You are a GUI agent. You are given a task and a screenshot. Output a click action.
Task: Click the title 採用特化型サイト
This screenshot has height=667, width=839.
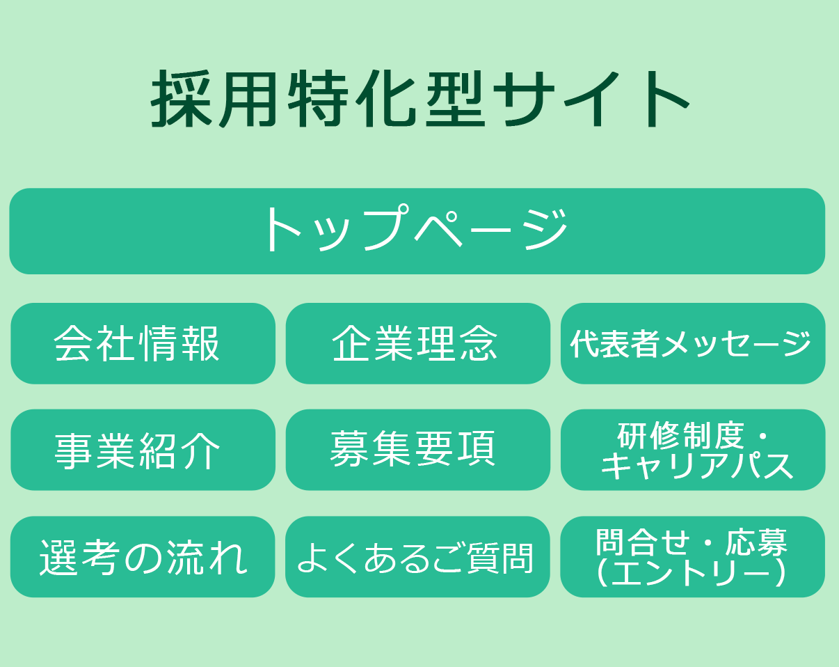tap(420, 99)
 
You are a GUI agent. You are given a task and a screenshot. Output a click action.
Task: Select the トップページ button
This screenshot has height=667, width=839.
tap(417, 231)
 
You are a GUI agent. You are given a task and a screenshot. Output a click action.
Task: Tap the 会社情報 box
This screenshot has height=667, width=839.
tap(143, 343)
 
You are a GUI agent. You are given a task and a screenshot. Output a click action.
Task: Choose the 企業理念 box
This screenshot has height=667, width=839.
tap(418, 343)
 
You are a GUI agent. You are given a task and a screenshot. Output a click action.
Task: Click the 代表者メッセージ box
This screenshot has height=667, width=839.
tap(693, 343)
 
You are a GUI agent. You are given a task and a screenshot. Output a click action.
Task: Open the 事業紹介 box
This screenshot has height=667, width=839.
tap(143, 450)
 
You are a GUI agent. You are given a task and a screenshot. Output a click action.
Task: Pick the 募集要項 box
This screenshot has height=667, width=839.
tap(418, 450)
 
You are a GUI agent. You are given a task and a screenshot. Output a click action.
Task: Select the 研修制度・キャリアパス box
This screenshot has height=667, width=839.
tap(693, 450)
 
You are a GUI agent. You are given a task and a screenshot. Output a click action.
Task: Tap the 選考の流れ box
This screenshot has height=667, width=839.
tap(143, 556)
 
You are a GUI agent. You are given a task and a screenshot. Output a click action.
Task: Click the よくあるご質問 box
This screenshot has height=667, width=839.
tap(417, 556)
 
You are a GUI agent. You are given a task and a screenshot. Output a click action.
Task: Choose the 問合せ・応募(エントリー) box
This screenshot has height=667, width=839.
tap(692, 556)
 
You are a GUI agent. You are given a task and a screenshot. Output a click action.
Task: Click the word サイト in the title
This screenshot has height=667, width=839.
tap(591, 99)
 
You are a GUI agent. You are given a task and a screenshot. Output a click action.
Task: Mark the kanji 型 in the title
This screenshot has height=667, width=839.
tap(456, 99)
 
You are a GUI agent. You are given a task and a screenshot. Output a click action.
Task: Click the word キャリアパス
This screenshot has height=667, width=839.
tap(696, 466)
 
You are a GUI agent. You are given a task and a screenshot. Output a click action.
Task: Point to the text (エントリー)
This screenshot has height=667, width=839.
tap(691, 572)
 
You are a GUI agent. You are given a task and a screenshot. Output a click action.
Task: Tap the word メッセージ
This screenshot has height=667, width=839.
tap(736, 343)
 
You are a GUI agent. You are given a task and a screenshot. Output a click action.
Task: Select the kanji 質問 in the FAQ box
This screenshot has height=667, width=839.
tap(500, 558)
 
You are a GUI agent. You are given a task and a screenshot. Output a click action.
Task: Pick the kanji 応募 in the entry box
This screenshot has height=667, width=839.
tap(756, 542)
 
